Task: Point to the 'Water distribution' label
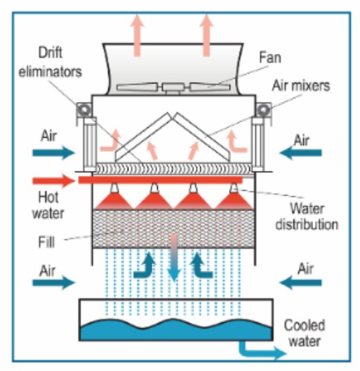[x=305, y=215]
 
